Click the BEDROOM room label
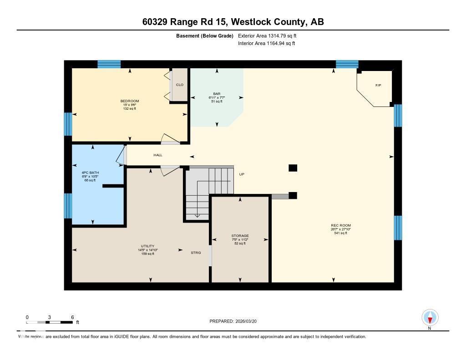coord(130,101)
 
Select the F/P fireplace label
coord(378,86)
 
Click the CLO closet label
coord(180,85)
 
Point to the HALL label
coord(157,155)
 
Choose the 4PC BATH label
coord(90,172)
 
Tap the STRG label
coord(196,253)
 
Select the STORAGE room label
coord(240,236)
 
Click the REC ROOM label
coord(341,226)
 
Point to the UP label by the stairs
coord(242,174)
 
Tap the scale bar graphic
coord(50,322)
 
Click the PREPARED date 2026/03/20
coord(236,321)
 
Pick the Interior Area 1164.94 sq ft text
coord(267,44)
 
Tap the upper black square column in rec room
coord(293,168)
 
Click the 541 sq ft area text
coord(341,233)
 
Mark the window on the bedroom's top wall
coord(109,64)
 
